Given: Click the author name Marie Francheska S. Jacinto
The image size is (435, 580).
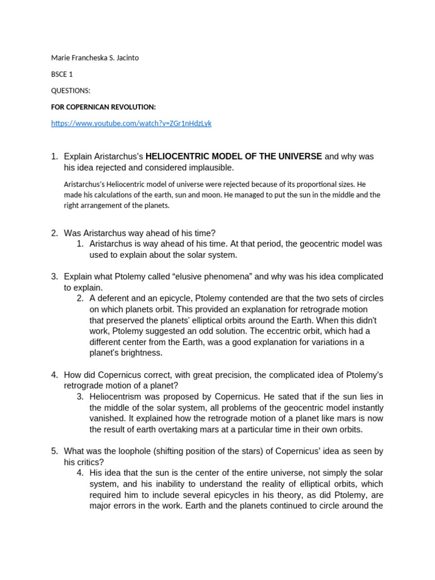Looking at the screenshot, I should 95,58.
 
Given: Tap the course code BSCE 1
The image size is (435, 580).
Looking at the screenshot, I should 62,74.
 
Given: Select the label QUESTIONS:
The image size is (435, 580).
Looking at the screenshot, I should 71,91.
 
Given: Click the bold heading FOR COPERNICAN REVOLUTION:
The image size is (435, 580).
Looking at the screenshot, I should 103,107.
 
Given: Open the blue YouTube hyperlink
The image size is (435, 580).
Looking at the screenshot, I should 131,123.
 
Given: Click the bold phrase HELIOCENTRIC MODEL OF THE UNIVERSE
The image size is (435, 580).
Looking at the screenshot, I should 233,156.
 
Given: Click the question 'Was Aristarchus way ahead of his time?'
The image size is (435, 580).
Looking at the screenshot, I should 139,233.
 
